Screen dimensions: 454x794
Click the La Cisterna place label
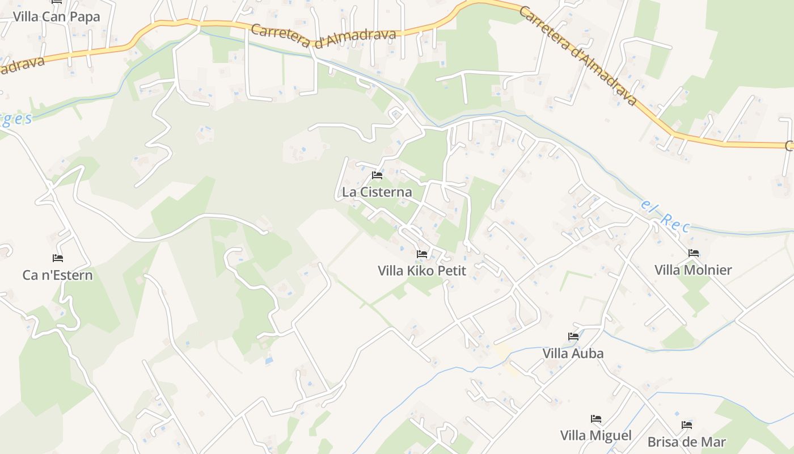(377, 192)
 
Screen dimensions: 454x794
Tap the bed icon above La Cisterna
(377, 175)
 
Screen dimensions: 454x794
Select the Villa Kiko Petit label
(421, 271)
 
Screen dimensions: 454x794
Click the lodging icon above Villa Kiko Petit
(421, 254)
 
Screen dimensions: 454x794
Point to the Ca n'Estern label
(57, 275)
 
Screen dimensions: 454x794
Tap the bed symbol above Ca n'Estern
(57, 258)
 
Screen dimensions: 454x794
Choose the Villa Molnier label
(693, 270)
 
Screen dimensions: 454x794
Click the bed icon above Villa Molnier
(693, 253)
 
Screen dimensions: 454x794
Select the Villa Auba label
(573, 353)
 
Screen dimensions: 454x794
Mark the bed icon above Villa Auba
(573, 337)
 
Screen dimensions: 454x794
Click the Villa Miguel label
(595, 435)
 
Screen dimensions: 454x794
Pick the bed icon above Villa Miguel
(595, 419)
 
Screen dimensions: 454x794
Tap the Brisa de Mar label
(686, 442)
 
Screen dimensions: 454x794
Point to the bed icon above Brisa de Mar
(686, 425)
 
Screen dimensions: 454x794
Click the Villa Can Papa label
(56, 16)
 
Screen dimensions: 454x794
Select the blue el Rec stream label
(665, 216)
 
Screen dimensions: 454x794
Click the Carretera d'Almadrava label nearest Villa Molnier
(578, 56)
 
